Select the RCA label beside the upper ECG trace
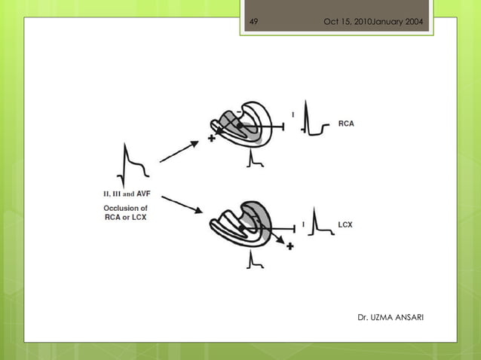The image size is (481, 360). tap(346, 124)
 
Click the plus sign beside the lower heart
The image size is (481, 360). tap(290, 247)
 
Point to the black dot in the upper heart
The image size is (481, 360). tap(240, 126)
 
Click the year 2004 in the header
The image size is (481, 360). tap(413, 20)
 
